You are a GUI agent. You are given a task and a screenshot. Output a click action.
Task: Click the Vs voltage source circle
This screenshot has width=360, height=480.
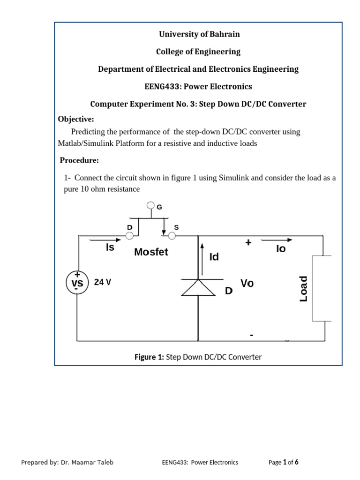(x=77, y=283)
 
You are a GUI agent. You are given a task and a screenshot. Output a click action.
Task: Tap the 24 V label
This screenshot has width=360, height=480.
(x=103, y=283)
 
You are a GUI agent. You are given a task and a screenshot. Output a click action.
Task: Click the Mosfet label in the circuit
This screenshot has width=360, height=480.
(x=151, y=252)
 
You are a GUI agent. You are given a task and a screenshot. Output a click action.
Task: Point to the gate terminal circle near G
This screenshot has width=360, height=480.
(x=150, y=205)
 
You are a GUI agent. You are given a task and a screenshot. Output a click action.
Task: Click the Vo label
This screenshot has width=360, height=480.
(x=247, y=283)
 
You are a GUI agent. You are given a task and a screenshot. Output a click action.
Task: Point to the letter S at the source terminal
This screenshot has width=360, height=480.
(x=176, y=227)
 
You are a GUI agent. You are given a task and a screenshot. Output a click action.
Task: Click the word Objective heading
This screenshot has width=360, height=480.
(x=76, y=119)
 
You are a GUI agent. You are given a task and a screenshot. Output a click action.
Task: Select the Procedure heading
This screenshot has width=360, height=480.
(x=79, y=160)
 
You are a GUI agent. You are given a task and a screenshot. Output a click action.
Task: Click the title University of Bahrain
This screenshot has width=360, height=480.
(x=199, y=34)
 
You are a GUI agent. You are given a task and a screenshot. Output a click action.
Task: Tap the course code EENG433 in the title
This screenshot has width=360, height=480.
(x=162, y=86)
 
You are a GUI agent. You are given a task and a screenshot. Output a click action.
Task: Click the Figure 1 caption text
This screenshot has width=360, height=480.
(x=198, y=357)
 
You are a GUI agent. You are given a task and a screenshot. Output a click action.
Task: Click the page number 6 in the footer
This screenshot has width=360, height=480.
(x=296, y=462)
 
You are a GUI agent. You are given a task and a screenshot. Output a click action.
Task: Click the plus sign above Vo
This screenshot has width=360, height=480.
(x=248, y=243)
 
